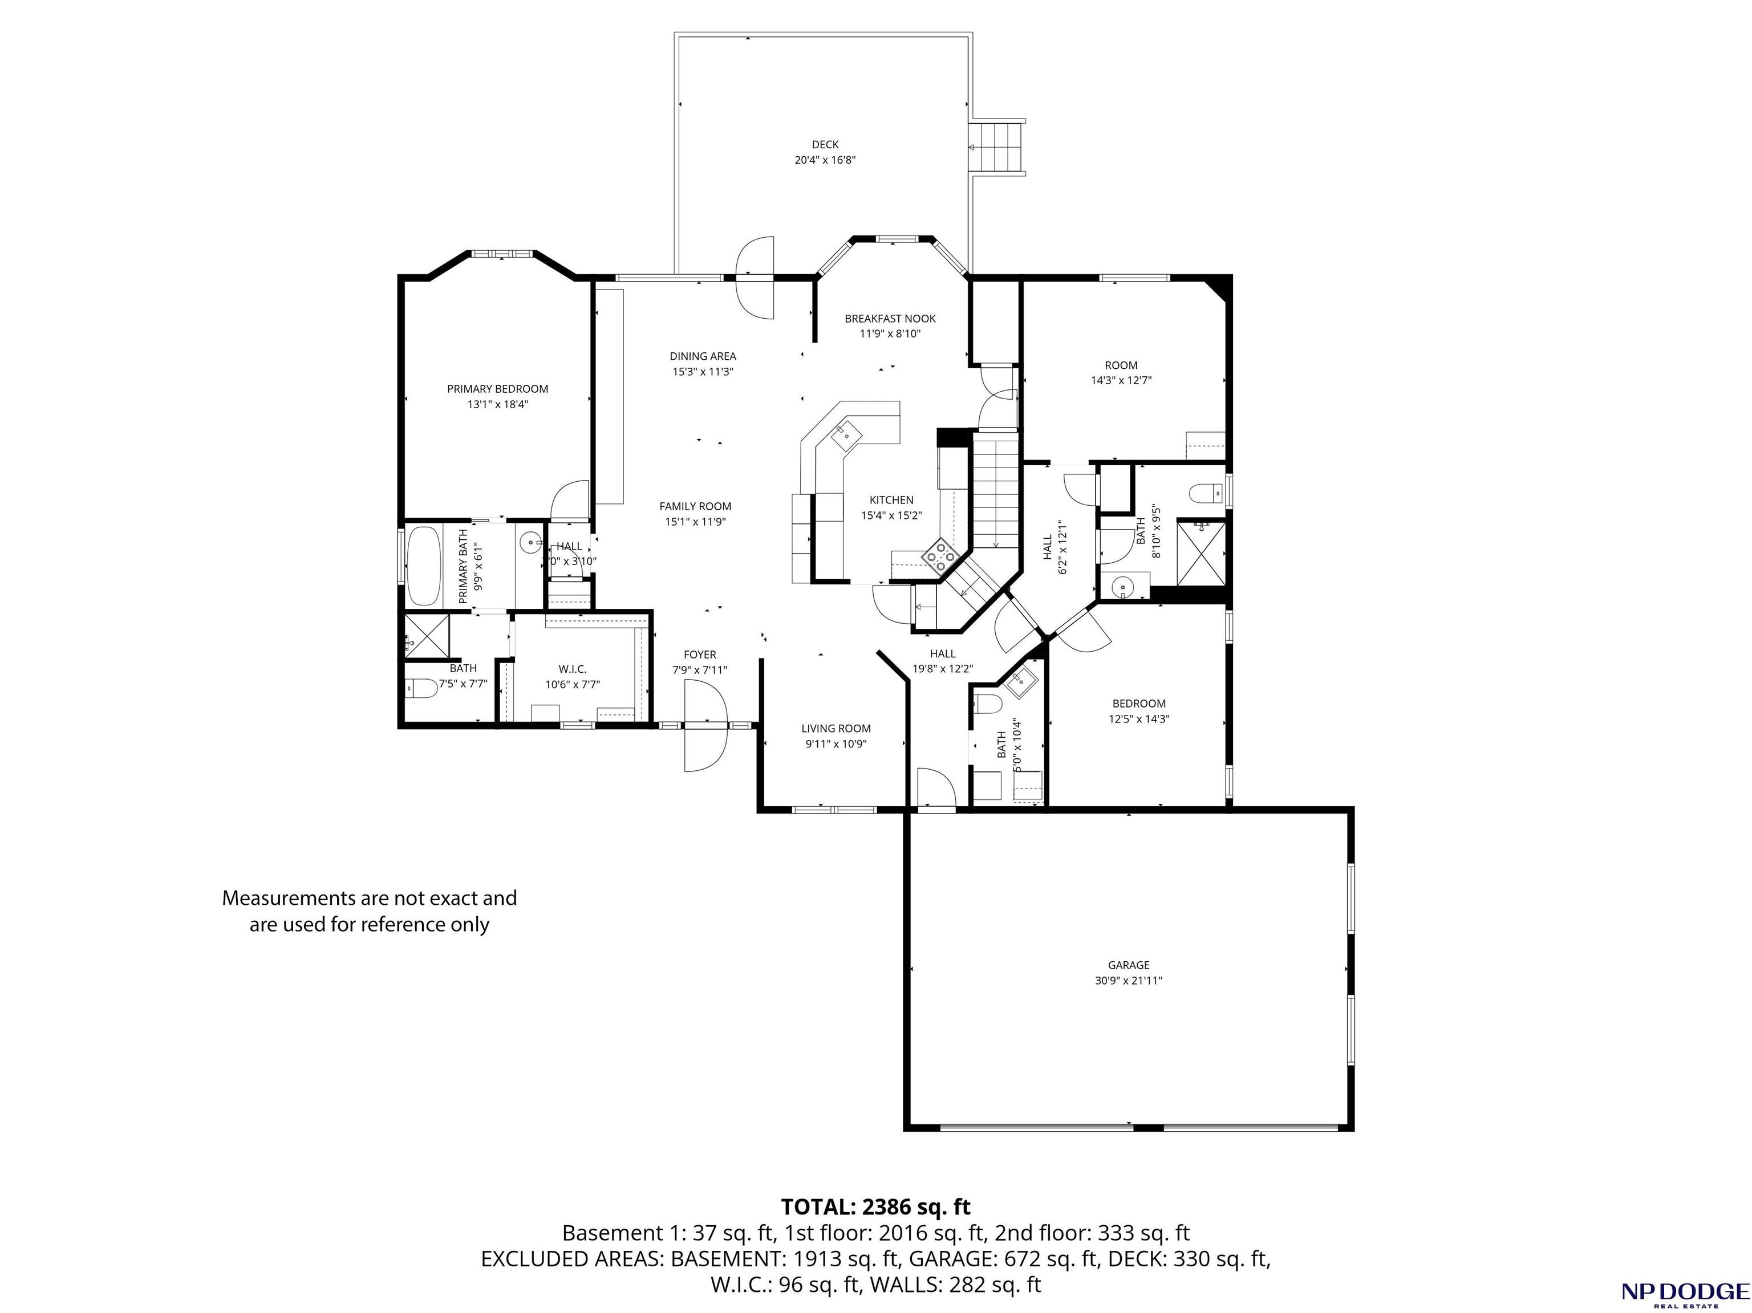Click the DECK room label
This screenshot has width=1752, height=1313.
[825, 144]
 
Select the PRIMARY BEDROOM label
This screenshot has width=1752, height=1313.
[497, 389]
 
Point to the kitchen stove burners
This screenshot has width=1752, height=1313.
[940, 555]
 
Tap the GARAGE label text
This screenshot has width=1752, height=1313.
[1129, 965]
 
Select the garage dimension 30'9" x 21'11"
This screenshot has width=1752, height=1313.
[1129, 981]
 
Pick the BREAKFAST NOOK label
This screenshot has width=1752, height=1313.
[890, 318]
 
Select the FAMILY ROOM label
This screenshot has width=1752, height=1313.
[695, 507]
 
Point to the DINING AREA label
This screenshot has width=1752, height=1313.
[703, 356]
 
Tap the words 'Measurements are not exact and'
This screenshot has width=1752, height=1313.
[369, 898]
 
